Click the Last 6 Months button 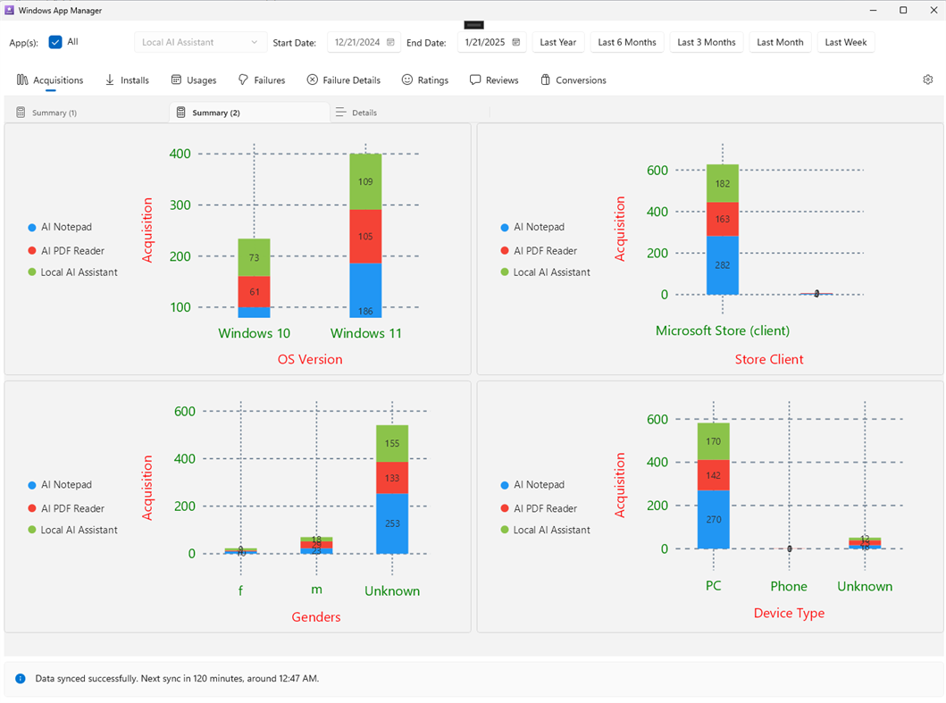[627, 42]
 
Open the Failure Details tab [344, 80]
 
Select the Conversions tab [573, 80]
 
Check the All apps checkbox [55, 42]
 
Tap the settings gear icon [928, 80]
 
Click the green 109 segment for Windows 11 [365, 182]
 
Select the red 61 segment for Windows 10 [254, 292]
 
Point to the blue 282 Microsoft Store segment [723, 265]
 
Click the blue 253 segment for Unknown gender [392, 523]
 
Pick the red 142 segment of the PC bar [713, 475]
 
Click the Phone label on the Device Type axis [789, 587]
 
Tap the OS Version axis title [310, 359]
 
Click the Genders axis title [316, 617]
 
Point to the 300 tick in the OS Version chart [180, 205]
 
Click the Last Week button [845, 42]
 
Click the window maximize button [903, 10]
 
